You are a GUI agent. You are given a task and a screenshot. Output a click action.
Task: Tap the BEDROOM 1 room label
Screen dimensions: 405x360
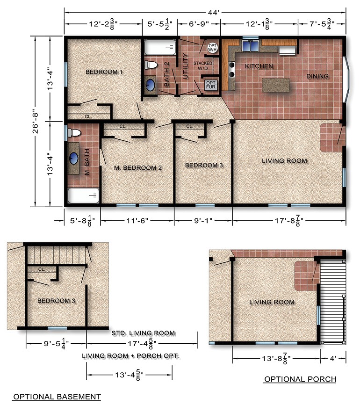(104, 72)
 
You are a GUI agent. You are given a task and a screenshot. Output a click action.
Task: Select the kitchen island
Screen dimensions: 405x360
(280, 85)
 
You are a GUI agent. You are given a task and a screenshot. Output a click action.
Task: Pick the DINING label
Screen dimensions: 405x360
(317, 76)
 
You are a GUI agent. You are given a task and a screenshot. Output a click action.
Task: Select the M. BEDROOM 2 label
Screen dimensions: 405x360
(138, 167)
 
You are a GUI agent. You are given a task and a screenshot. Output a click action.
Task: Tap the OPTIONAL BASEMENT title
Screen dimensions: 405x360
(57, 397)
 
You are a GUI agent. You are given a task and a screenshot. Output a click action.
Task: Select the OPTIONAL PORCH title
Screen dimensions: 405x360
(300, 379)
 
